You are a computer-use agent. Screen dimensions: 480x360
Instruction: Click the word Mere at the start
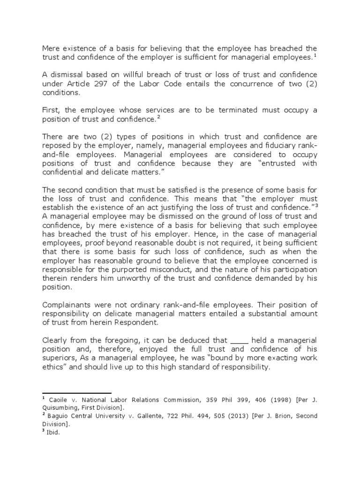51,48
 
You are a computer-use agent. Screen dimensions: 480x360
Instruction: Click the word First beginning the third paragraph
51,110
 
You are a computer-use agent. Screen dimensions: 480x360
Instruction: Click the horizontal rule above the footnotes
77,393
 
